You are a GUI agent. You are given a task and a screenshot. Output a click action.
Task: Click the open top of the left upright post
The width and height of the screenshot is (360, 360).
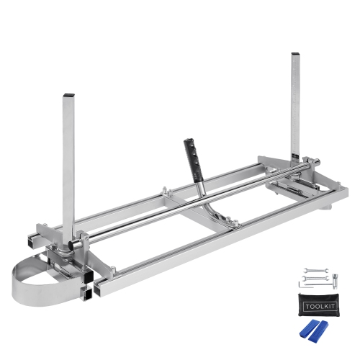coord(68,96)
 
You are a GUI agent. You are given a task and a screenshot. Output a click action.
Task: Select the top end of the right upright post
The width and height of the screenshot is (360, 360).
coord(295,53)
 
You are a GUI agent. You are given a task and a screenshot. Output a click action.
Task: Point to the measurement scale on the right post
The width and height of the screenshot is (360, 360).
coord(299,130)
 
